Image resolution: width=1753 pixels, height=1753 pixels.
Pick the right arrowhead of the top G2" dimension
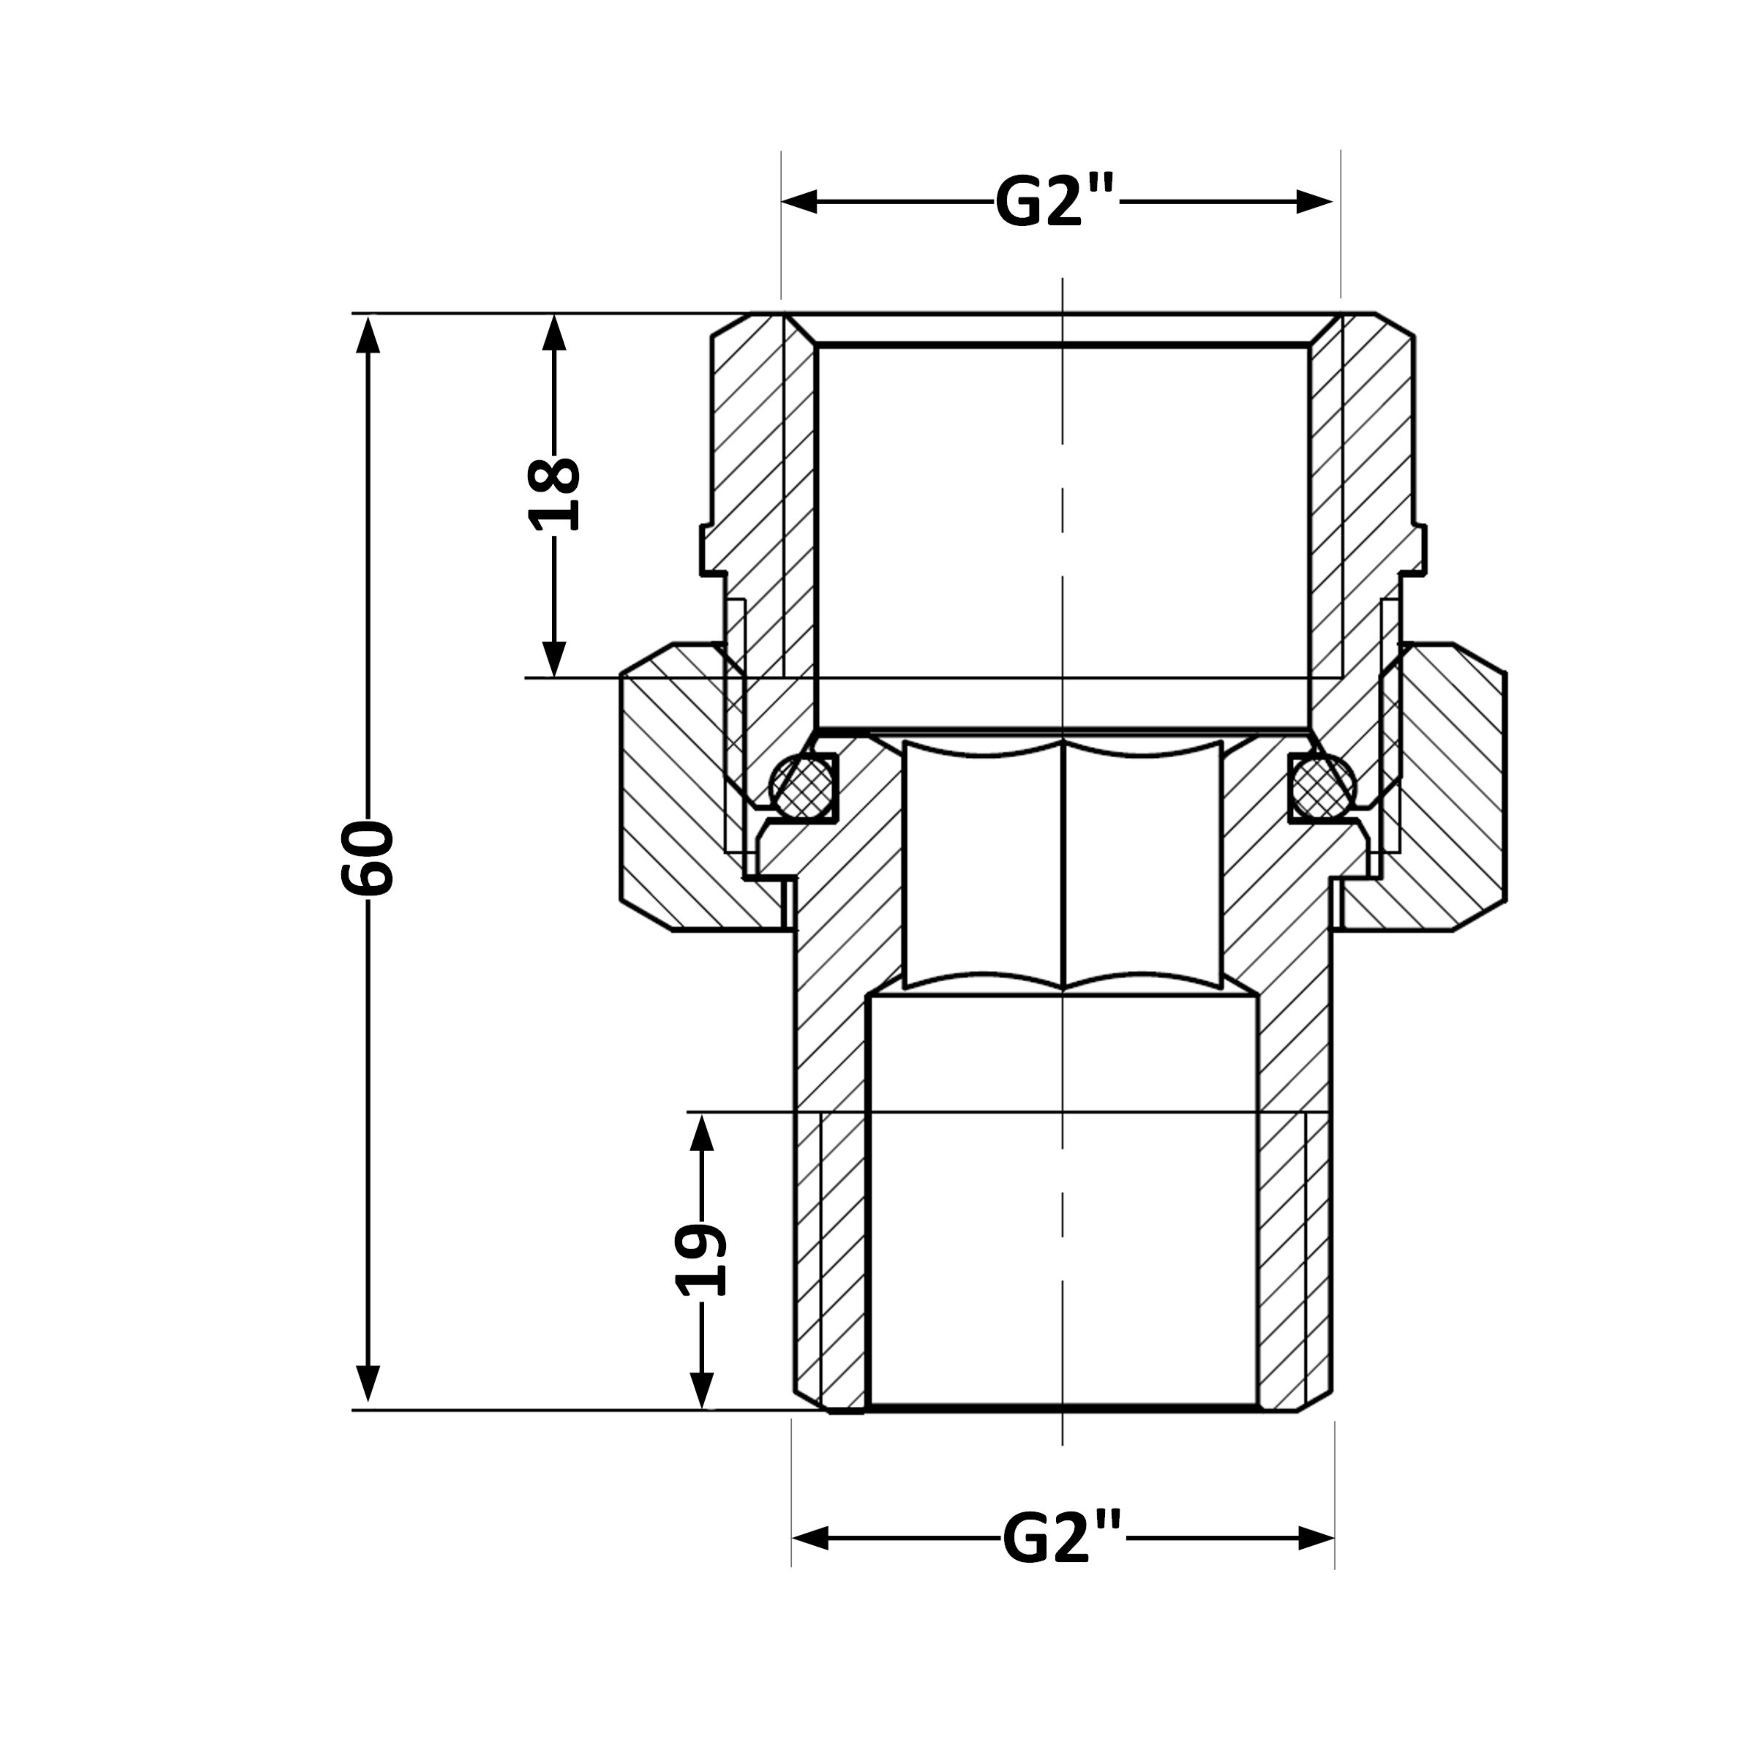(1314, 202)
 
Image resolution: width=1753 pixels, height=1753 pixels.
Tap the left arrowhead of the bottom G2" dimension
(810, 1538)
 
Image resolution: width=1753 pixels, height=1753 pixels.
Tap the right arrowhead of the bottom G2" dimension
(1317, 1538)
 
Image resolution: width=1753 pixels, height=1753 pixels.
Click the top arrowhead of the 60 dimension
(368, 333)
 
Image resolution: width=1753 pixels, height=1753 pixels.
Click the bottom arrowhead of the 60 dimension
(368, 1390)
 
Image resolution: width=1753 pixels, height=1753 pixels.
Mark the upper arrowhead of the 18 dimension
(554, 333)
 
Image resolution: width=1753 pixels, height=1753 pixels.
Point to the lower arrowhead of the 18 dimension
(554, 659)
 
